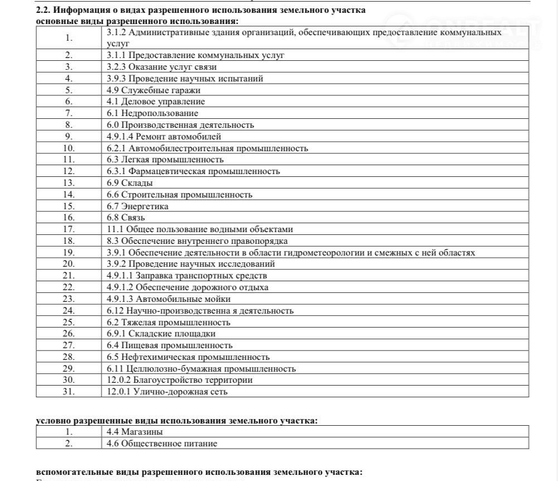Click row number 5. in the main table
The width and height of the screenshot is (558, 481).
[x=69, y=90]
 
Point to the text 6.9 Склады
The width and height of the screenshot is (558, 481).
[x=130, y=183]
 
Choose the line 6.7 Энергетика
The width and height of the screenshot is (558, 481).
[x=137, y=206]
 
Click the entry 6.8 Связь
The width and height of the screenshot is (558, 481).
[x=126, y=218]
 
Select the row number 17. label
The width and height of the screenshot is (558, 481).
[x=69, y=229]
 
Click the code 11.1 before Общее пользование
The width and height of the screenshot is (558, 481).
[x=115, y=229]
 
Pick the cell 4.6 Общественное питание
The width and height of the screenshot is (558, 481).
[x=162, y=444]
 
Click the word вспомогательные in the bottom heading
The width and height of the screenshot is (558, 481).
[x=71, y=472]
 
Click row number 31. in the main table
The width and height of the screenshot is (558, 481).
[x=69, y=392]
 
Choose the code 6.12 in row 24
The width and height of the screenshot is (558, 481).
[x=115, y=311]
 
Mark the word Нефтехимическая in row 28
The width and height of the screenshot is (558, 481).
[x=158, y=357]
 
